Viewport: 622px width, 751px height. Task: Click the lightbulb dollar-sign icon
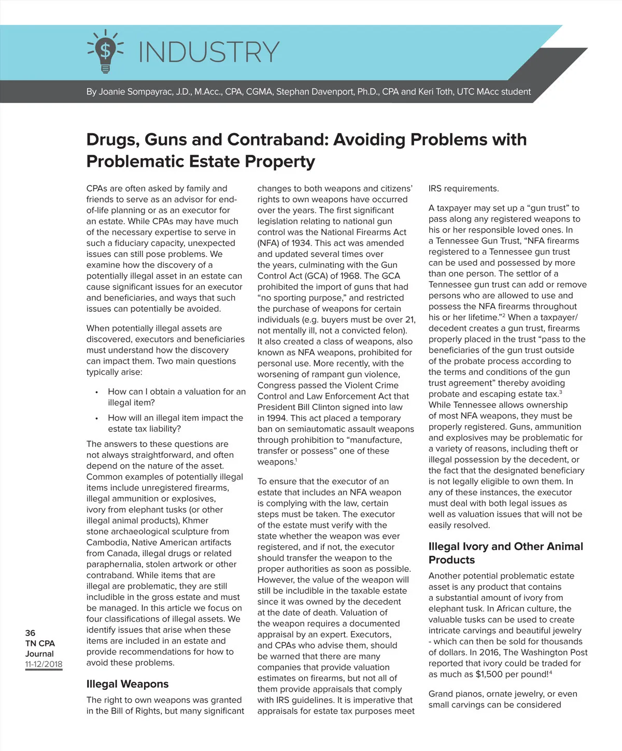click(x=105, y=51)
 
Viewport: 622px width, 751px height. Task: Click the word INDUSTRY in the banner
click(x=209, y=52)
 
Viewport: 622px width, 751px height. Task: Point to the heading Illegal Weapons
click(x=127, y=684)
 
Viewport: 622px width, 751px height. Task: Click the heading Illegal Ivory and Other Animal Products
click(x=505, y=553)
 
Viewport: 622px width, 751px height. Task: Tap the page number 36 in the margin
click(x=30, y=632)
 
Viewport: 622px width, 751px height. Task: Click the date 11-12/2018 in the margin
click(x=44, y=664)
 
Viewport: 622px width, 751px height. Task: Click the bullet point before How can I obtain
click(x=96, y=392)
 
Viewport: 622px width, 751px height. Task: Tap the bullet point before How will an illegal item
click(x=96, y=418)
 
